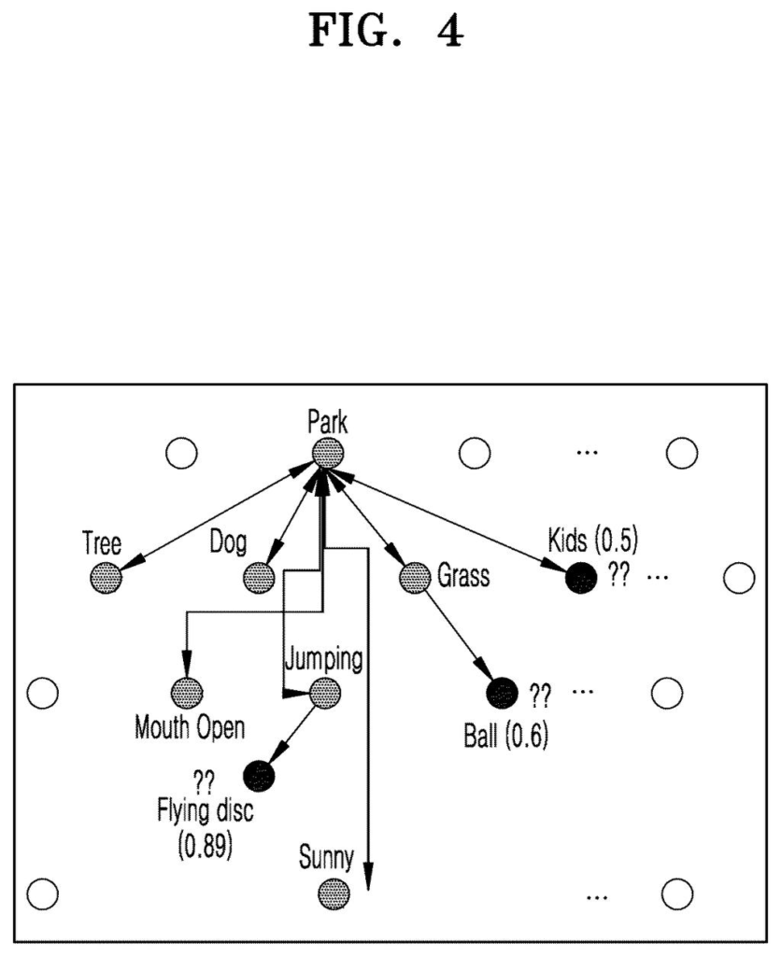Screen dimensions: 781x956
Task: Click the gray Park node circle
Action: tap(328, 453)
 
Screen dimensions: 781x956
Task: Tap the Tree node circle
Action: tap(106, 578)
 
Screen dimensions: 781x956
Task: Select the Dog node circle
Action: tap(259, 577)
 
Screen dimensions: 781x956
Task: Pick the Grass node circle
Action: tap(415, 577)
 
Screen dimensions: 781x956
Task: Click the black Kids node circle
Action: tap(581, 578)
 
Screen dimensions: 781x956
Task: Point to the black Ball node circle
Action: tap(503, 694)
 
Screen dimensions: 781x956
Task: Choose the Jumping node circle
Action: tap(324, 694)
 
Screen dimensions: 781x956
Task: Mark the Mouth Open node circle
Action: tap(186, 694)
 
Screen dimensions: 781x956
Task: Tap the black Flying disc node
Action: tap(259, 776)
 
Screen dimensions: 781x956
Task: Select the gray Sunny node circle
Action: tap(334, 894)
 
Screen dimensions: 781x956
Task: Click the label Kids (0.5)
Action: tap(592, 541)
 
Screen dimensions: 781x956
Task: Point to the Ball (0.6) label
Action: tap(505, 736)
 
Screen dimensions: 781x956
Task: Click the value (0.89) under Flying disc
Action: tap(205, 846)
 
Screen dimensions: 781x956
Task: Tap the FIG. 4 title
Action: tap(386, 31)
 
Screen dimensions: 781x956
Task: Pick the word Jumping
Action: tap(323, 659)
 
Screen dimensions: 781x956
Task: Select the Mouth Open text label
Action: tap(190, 728)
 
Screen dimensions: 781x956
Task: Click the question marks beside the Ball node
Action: tap(540, 695)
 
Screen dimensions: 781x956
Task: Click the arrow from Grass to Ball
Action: tap(458, 635)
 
